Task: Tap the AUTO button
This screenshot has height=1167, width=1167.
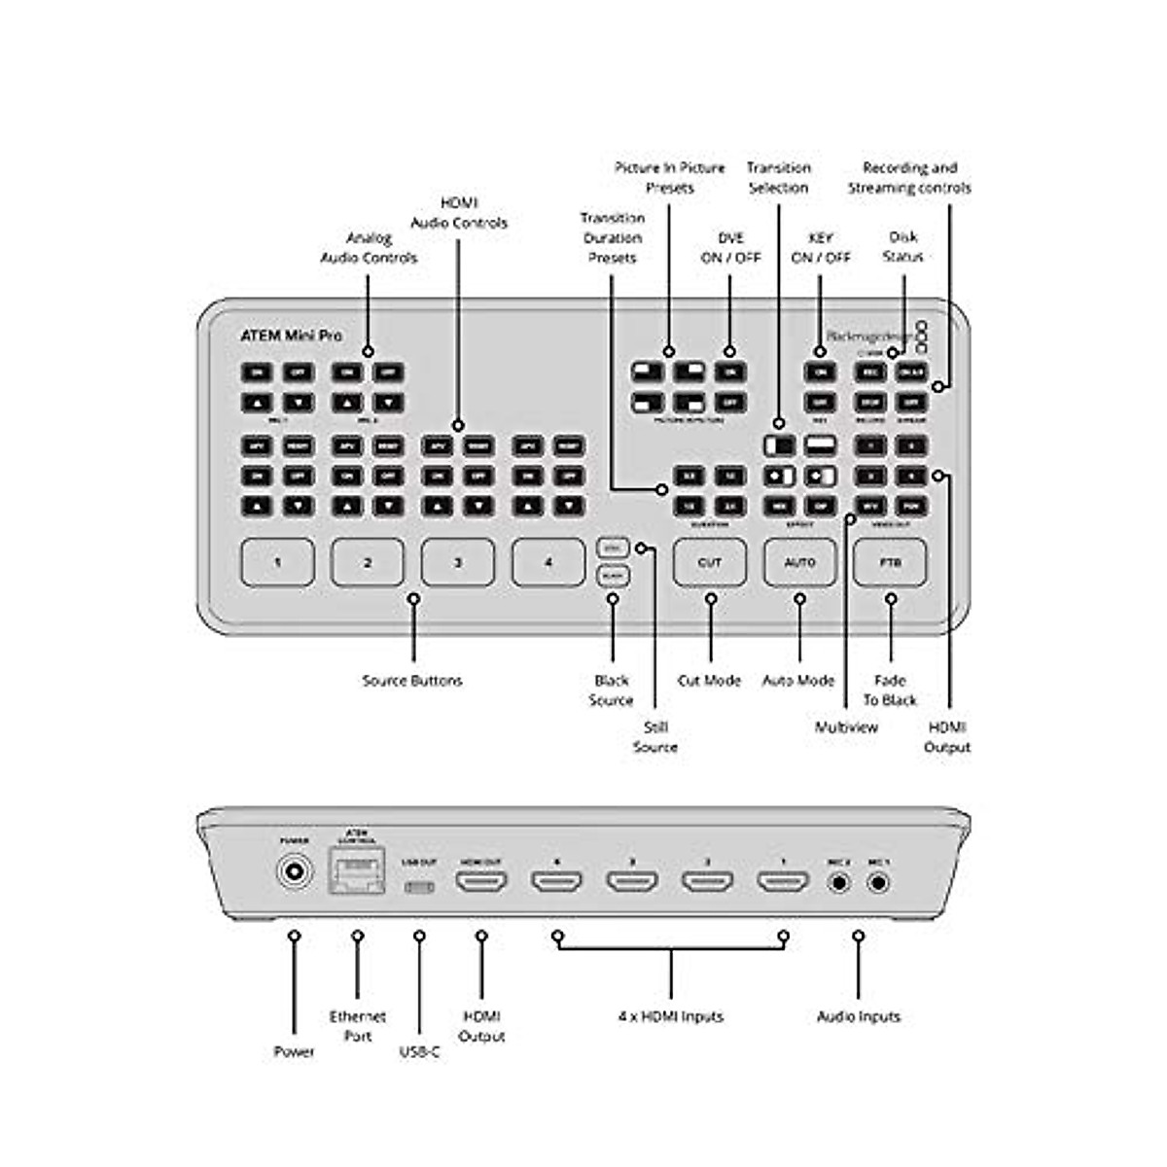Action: coord(799,563)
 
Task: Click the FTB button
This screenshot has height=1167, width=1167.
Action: coord(890,563)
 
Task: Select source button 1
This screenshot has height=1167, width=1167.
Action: coord(277,563)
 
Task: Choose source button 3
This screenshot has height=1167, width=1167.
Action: coord(458,563)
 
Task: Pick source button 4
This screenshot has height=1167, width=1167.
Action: coord(548,563)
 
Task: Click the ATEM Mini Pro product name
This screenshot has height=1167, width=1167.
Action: coord(291,336)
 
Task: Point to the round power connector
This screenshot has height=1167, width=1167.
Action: coord(294,872)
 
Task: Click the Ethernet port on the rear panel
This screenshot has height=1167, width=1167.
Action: coord(357,872)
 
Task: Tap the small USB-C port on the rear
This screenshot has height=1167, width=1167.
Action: coord(419,887)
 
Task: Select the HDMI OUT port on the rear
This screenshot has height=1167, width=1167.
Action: coord(481,883)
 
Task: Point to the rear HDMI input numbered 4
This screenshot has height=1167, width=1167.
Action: coord(556,883)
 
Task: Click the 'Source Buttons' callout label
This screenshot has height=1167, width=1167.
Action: coord(412,681)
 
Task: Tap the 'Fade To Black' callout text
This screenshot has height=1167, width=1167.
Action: coord(890,690)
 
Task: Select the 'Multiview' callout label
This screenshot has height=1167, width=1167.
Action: coord(846,727)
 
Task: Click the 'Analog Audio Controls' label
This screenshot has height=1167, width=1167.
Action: coord(369,248)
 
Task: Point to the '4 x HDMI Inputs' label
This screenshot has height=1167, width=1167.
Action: coord(671,1016)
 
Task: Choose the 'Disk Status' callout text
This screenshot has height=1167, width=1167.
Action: coord(902,247)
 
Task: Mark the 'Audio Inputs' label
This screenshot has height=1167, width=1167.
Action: coord(859,1016)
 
